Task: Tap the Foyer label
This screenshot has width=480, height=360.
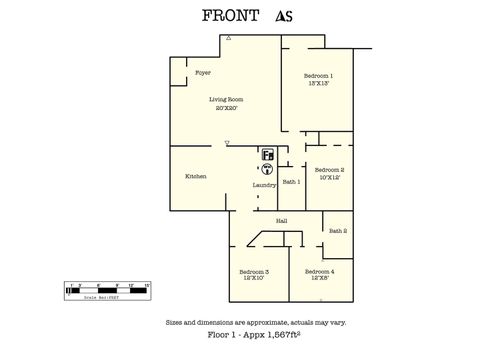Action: click(203, 73)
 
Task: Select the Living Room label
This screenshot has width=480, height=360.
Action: click(226, 100)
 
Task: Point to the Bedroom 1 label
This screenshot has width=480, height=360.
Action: click(318, 76)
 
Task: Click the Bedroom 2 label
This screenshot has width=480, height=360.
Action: click(330, 170)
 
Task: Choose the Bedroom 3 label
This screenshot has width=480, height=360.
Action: click(254, 271)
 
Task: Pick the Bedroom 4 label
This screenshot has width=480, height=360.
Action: click(319, 271)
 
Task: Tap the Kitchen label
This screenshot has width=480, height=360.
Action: click(196, 177)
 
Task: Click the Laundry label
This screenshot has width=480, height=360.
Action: click(264, 185)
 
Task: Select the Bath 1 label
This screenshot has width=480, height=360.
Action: click(291, 182)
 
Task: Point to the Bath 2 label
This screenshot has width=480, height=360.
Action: click(338, 231)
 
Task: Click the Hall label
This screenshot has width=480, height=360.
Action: click(282, 220)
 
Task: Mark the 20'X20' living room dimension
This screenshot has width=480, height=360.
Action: click(226, 108)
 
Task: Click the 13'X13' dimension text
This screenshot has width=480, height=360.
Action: click(318, 84)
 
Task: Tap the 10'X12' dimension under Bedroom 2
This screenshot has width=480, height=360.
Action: click(330, 177)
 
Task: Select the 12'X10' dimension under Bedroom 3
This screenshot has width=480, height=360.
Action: click(254, 278)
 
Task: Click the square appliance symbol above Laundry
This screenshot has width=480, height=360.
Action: click(267, 155)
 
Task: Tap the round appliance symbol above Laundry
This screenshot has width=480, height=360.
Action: click(267, 169)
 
